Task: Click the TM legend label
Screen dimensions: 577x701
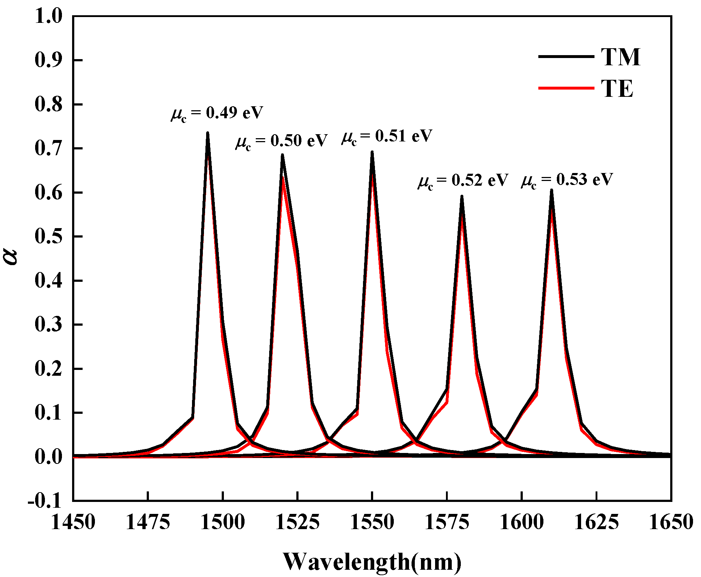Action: (x=621, y=57)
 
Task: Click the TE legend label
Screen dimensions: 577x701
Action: (x=617, y=89)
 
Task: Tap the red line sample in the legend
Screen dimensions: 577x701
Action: (x=566, y=88)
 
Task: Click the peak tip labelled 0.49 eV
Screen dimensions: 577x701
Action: (x=208, y=133)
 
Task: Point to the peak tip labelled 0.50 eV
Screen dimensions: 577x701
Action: (x=282, y=155)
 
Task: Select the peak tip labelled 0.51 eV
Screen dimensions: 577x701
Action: (x=372, y=152)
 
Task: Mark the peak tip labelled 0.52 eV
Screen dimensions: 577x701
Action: (x=462, y=197)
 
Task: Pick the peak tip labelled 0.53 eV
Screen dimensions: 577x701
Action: (x=551, y=190)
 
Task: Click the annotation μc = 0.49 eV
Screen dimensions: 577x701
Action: (x=217, y=114)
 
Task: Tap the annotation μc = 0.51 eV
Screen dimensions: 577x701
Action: (x=387, y=137)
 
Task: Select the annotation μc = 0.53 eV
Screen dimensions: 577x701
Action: (x=567, y=180)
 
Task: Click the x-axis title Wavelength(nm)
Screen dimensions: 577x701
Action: (x=372, y=561)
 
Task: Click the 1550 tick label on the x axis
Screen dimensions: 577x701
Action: (x=372, y=523)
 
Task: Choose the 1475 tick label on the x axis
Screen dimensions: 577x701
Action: (x=148, y=523)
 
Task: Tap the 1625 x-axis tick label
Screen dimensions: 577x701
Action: (x=596, y=523)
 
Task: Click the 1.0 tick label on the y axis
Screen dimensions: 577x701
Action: (x=48, y=17)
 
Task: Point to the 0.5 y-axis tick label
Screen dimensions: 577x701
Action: (x=48, y=237)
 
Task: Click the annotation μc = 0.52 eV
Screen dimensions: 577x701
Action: (x=463, y=181)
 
